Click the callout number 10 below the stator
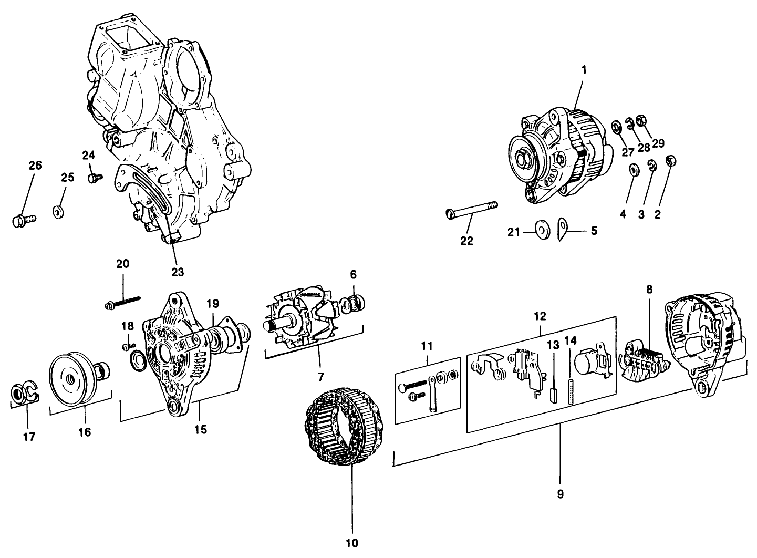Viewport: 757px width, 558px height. pyautogui.click(x=352, y=543)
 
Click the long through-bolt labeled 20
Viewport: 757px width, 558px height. pyautogui.click(x=124, y=302)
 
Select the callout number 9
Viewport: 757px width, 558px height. pyautogui.click(x=560, y=494)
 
